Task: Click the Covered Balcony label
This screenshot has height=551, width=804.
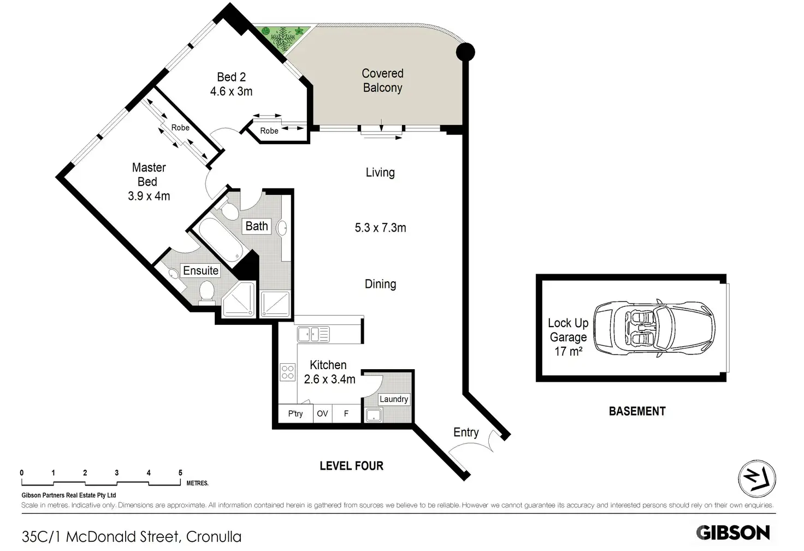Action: click(382, 81)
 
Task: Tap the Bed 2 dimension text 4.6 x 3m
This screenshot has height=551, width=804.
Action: click(231, 92)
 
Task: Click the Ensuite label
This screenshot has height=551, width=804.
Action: click(200, 271)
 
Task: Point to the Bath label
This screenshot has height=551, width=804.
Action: click(257, 226)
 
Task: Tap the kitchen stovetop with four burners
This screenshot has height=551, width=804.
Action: click(288, 372)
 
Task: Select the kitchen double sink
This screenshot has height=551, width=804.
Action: click(313, 334)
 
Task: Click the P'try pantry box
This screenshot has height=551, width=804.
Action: click(295, 413)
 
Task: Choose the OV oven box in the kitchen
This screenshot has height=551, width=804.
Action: click(322, 413)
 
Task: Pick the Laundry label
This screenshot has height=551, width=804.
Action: click(394, 399)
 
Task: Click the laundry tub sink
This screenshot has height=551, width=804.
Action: click(373, 415)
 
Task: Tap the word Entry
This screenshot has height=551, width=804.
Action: click(466, 432)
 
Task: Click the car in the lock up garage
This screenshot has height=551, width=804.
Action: click(654, 328)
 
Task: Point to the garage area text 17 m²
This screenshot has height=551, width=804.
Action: click(569, 352)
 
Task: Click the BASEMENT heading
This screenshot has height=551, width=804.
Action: click(637, 411)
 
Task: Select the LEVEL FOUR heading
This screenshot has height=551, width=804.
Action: click(351, 466)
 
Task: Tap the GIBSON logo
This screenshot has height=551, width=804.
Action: click(732, 533)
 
